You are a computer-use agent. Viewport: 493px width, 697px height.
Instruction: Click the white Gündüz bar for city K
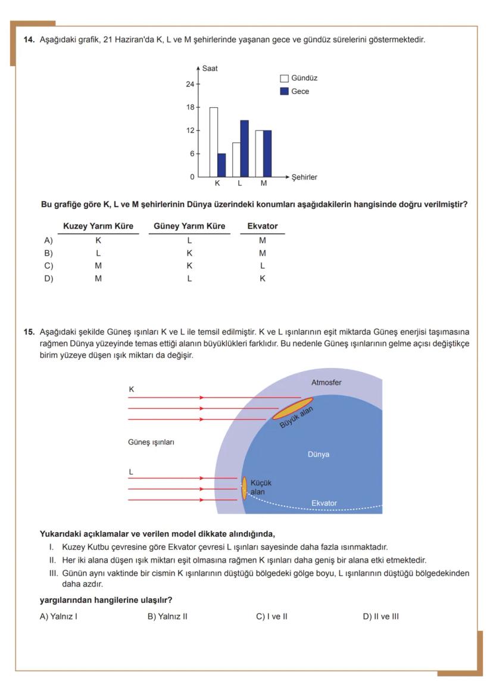(x=213, y=142)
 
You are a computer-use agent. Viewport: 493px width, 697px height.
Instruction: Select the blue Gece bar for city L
(x=244, y=148)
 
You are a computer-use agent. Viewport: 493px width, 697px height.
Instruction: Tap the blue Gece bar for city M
(x=267, y=154)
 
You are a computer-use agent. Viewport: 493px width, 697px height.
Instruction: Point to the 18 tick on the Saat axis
(x=191, y=107)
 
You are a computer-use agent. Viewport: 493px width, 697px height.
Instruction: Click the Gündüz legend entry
(x=299, y=79)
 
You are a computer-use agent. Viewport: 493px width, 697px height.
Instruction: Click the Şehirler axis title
(x=304, y=177)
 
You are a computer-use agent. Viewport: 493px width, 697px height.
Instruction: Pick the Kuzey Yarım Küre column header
(x=98, y=226)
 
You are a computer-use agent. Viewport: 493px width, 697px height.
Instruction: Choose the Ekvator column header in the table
(x=262, y=226)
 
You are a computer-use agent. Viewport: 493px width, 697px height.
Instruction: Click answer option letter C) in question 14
(x=48, y=266)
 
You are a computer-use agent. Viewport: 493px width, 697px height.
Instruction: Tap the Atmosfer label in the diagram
(x=326, y=383)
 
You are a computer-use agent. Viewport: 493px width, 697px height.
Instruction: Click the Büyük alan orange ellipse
(x=292, y=408)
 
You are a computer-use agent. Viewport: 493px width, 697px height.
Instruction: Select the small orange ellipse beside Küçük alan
(x=244, y=488)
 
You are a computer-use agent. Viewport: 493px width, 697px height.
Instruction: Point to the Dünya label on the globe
(x=319, y=455)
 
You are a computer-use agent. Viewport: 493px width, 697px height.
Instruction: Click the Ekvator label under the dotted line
(x=324, y=504)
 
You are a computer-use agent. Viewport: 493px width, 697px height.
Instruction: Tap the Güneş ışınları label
(x=151, y=442)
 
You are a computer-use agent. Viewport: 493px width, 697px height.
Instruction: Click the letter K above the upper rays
(x=131, y=389)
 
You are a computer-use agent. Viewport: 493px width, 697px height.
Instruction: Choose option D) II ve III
(x=380, y=617)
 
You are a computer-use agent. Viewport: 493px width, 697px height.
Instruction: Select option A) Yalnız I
(x=58, y=617)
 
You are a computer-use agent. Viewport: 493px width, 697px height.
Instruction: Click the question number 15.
(x=29, y=332)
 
